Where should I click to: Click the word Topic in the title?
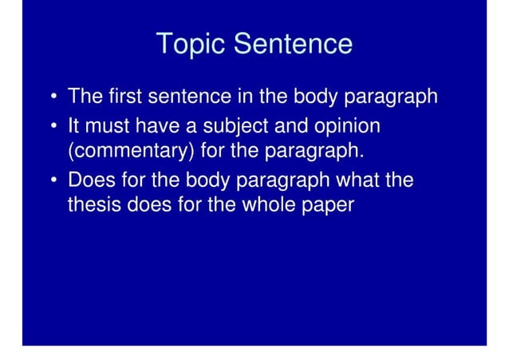190,44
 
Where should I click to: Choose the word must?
109,126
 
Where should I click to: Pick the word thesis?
92,204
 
